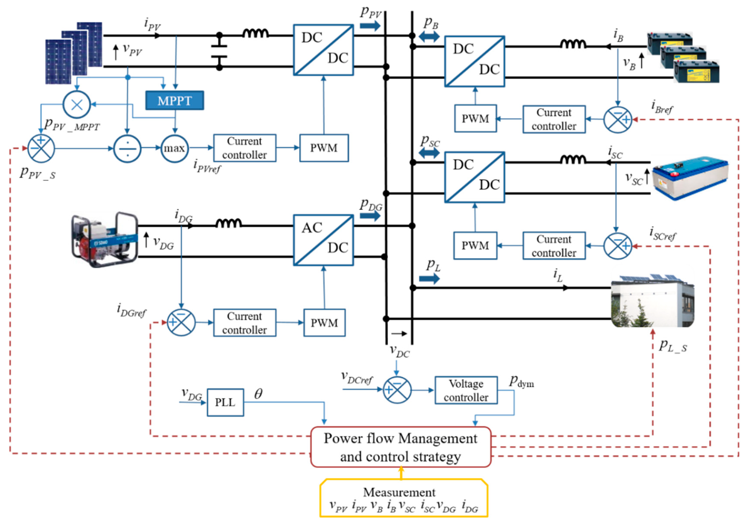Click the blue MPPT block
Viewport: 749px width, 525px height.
coord(174,100)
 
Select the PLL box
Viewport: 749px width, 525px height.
coord(225,402)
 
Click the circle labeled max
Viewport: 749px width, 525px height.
coord(174,148)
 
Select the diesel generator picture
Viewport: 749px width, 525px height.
coord(105,240)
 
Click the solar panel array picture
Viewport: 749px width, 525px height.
coord(74,53)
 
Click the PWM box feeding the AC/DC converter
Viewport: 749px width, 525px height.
coord(324,323)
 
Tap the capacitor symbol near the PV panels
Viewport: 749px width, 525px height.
coord(219,51)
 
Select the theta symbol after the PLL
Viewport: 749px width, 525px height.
coord(258,394)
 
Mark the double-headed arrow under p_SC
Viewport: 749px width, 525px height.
coord(429,153)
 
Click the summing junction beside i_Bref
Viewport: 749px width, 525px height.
coord(617,119)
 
